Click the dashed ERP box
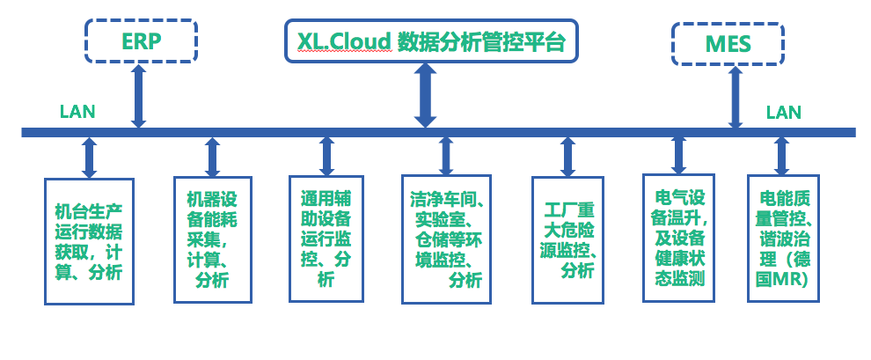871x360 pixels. click(x=140, y=40)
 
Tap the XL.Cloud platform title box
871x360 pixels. click(x=431, y=40)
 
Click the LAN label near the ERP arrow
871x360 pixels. click(x=77, y=112)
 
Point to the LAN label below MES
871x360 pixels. click(x=783, y=112)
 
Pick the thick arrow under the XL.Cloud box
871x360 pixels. click(x=427, y=95)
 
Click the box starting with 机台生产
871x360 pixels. click(x=89, y=241)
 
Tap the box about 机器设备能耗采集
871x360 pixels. click(x=212, y=239)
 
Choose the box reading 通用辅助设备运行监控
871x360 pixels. click(x=326, y=238)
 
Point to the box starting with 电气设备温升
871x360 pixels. click(x=678, y=236)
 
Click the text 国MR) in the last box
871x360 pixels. click(x=784, y=279)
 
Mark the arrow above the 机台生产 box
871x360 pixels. click(x=89, y=158)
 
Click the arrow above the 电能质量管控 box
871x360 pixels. click(x=781, y=156)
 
